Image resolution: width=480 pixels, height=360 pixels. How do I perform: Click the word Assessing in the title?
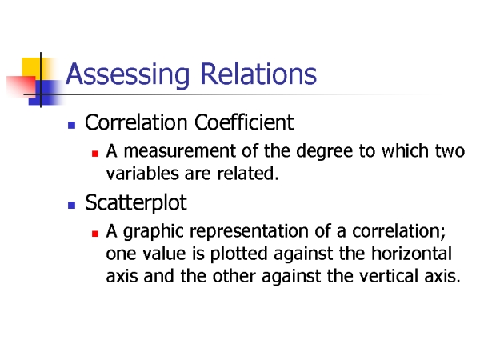(128, 74)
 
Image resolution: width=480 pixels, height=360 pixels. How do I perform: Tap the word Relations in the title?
(258, 74)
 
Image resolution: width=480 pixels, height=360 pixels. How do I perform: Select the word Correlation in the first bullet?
(136, 122)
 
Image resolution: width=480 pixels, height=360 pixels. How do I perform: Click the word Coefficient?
(244, 122)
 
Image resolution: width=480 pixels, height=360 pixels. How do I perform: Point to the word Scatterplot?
(136, 203)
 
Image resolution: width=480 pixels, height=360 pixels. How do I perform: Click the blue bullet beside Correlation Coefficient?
(72, 125)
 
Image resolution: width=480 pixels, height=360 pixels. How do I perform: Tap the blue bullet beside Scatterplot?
(72, 205)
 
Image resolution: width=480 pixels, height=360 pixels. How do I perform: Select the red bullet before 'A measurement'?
(95, 154)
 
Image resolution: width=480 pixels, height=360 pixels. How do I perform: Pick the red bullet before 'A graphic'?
(95, 234)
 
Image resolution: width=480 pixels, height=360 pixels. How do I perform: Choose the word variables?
(142, 173)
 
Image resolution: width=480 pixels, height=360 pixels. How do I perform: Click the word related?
(248, 173)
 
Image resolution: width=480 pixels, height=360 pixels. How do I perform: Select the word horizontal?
(411, 254)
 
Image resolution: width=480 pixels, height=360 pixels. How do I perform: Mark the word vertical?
(389, 276)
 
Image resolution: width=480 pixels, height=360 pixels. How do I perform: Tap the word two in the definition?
(450, 151)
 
